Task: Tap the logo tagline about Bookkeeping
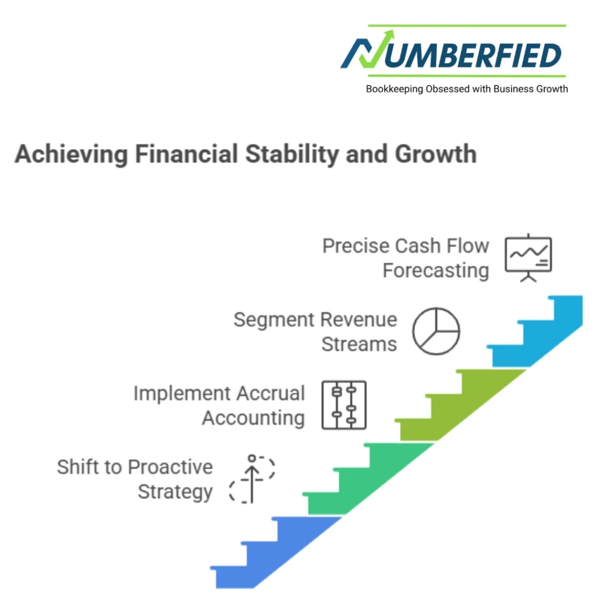pyautogui.click(x=467, y=89)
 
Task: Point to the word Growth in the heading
pyautogui.click(x=435, y=154)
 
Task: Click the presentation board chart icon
pyautogui.click(x=528, y=258)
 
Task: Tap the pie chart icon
pyautogui.click(x=436, y=331)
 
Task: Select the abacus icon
pyautogui.click(x=344, y=405)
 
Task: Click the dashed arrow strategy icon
pyautogui.click(x=252, y=478)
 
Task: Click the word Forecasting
pyautogui.click(x=435, y=271)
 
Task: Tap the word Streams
pyautogui.click(x=359, y=344)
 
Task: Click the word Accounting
pyautogui.click(x=254, y=418)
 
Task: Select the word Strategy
pyautogui.click(x=175, y=492)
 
